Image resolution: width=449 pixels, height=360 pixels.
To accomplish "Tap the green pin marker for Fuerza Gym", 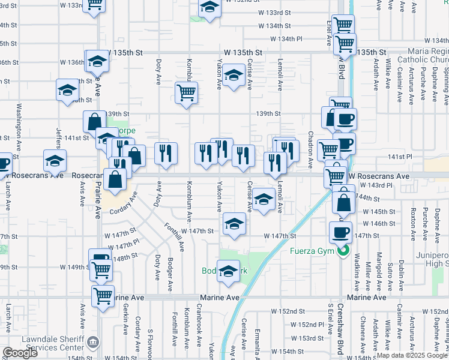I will (343, 251).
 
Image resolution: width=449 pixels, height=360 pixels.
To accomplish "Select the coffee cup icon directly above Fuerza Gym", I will (340, 233).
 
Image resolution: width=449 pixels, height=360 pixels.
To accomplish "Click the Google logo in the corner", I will (20, 353).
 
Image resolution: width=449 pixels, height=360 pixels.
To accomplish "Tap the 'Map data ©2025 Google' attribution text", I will (412, 355).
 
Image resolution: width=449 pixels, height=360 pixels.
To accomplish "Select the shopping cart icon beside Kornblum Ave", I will (187, 93).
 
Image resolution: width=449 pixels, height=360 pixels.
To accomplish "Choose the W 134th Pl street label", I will (286, 39).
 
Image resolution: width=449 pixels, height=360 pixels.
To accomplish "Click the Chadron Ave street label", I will (310, 150).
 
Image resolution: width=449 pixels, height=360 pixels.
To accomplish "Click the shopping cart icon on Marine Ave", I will (103, 295).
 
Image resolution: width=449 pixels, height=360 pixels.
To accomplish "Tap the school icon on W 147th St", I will (234, 225).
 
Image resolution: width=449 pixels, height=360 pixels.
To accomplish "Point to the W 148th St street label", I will (125, 257).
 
